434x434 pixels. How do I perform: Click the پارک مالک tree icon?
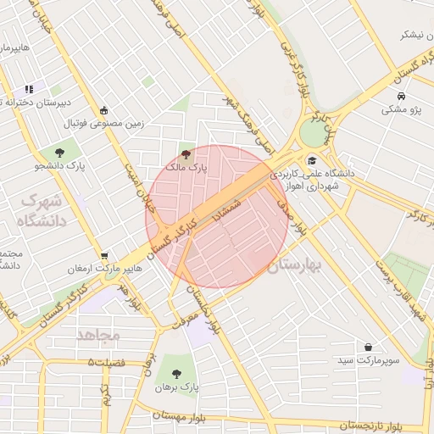tap(186, 153)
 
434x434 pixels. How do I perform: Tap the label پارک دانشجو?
tap(54, 166)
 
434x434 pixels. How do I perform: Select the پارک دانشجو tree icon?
tap(58, 152)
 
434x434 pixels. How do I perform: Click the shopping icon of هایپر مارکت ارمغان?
tap(103, 255)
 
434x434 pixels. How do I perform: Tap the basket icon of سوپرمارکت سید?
tap(369, 347)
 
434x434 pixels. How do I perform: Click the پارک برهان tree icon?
tap(176, 373)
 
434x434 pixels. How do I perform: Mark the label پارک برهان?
tap(176, 387)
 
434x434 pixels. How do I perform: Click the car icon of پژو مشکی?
tap(399, 96)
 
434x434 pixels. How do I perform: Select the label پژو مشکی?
tap(403, 109)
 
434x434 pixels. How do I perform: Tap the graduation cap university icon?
tap(312, 160)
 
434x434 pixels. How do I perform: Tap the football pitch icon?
tap(103, 109)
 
